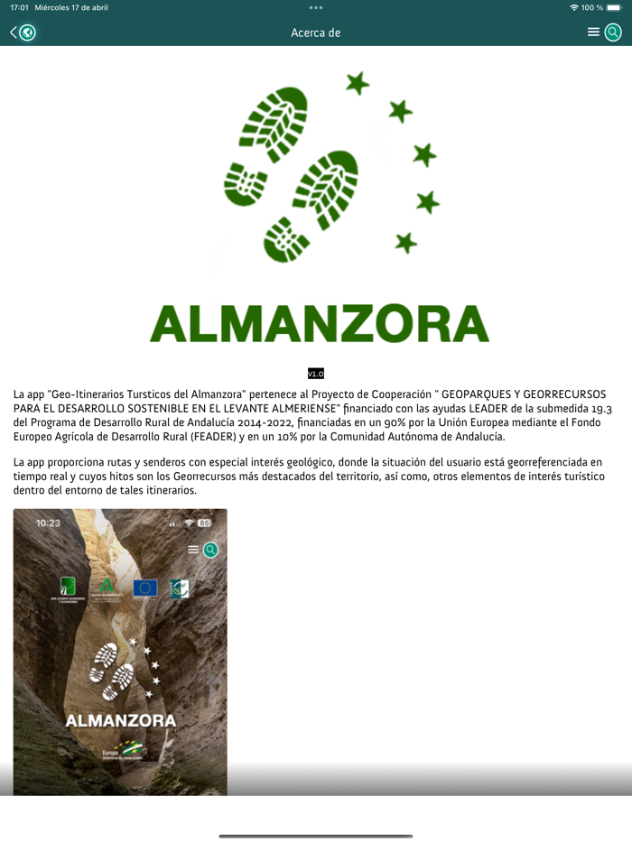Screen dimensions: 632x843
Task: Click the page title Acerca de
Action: pos(315,32)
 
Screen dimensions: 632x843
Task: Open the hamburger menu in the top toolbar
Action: pos(593,32)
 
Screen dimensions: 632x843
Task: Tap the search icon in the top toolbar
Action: pos(613,32)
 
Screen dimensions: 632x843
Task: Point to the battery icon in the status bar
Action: pos(614,7)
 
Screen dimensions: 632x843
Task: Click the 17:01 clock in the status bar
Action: pos(19,7)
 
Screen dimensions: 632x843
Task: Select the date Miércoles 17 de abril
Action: pos(71,7)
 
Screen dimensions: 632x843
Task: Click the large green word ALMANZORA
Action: pos(319,323)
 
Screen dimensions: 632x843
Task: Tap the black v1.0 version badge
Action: pos(315,374)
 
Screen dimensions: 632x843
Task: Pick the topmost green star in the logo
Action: pos(358,84)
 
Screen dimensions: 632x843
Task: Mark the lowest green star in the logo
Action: pos(406,243)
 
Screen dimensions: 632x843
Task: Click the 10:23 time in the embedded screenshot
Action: pos(48,523)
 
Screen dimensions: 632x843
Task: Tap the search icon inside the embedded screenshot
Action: pos(210,550)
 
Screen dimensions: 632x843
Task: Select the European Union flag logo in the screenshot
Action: pos(144,588)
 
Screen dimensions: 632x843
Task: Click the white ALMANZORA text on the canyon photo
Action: pos(120,721)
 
